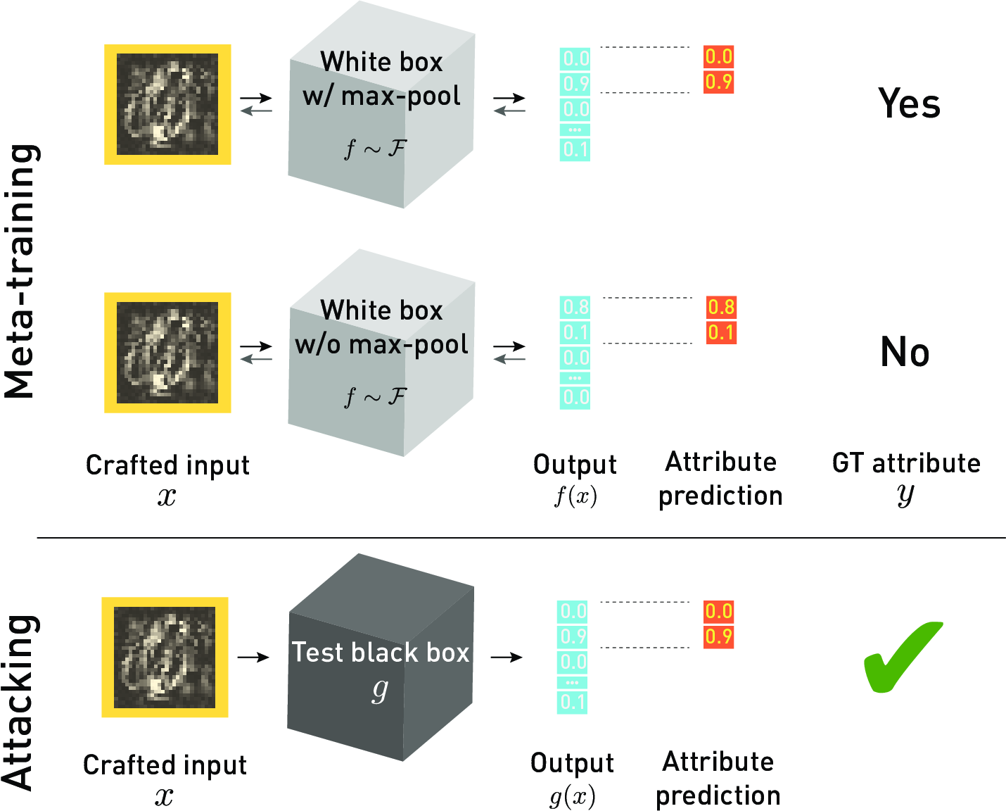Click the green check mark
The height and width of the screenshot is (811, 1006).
(903, 658)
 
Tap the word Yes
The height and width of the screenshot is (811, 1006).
(909, 104)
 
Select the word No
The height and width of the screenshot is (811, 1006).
(905, 352)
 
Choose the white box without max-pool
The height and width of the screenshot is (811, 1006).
(381, 359)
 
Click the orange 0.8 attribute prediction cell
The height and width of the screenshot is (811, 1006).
(721, 307)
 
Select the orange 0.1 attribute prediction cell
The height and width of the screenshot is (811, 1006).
(721, 332)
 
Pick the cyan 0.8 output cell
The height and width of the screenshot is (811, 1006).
(575, 307)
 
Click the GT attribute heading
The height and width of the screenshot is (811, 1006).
(906, 463)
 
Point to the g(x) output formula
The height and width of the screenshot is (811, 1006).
(572, 797)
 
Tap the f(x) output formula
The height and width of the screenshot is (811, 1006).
(575, 496)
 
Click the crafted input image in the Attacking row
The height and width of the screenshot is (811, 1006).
(165, 657)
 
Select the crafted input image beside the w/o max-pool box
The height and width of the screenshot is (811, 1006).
(167, 352)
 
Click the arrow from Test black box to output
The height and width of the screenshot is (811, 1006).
(507, 658)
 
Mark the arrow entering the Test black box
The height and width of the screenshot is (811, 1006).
(253, 658)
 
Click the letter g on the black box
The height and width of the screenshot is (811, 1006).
(380, 691)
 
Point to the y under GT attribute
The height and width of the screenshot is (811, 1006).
(905, 495)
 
